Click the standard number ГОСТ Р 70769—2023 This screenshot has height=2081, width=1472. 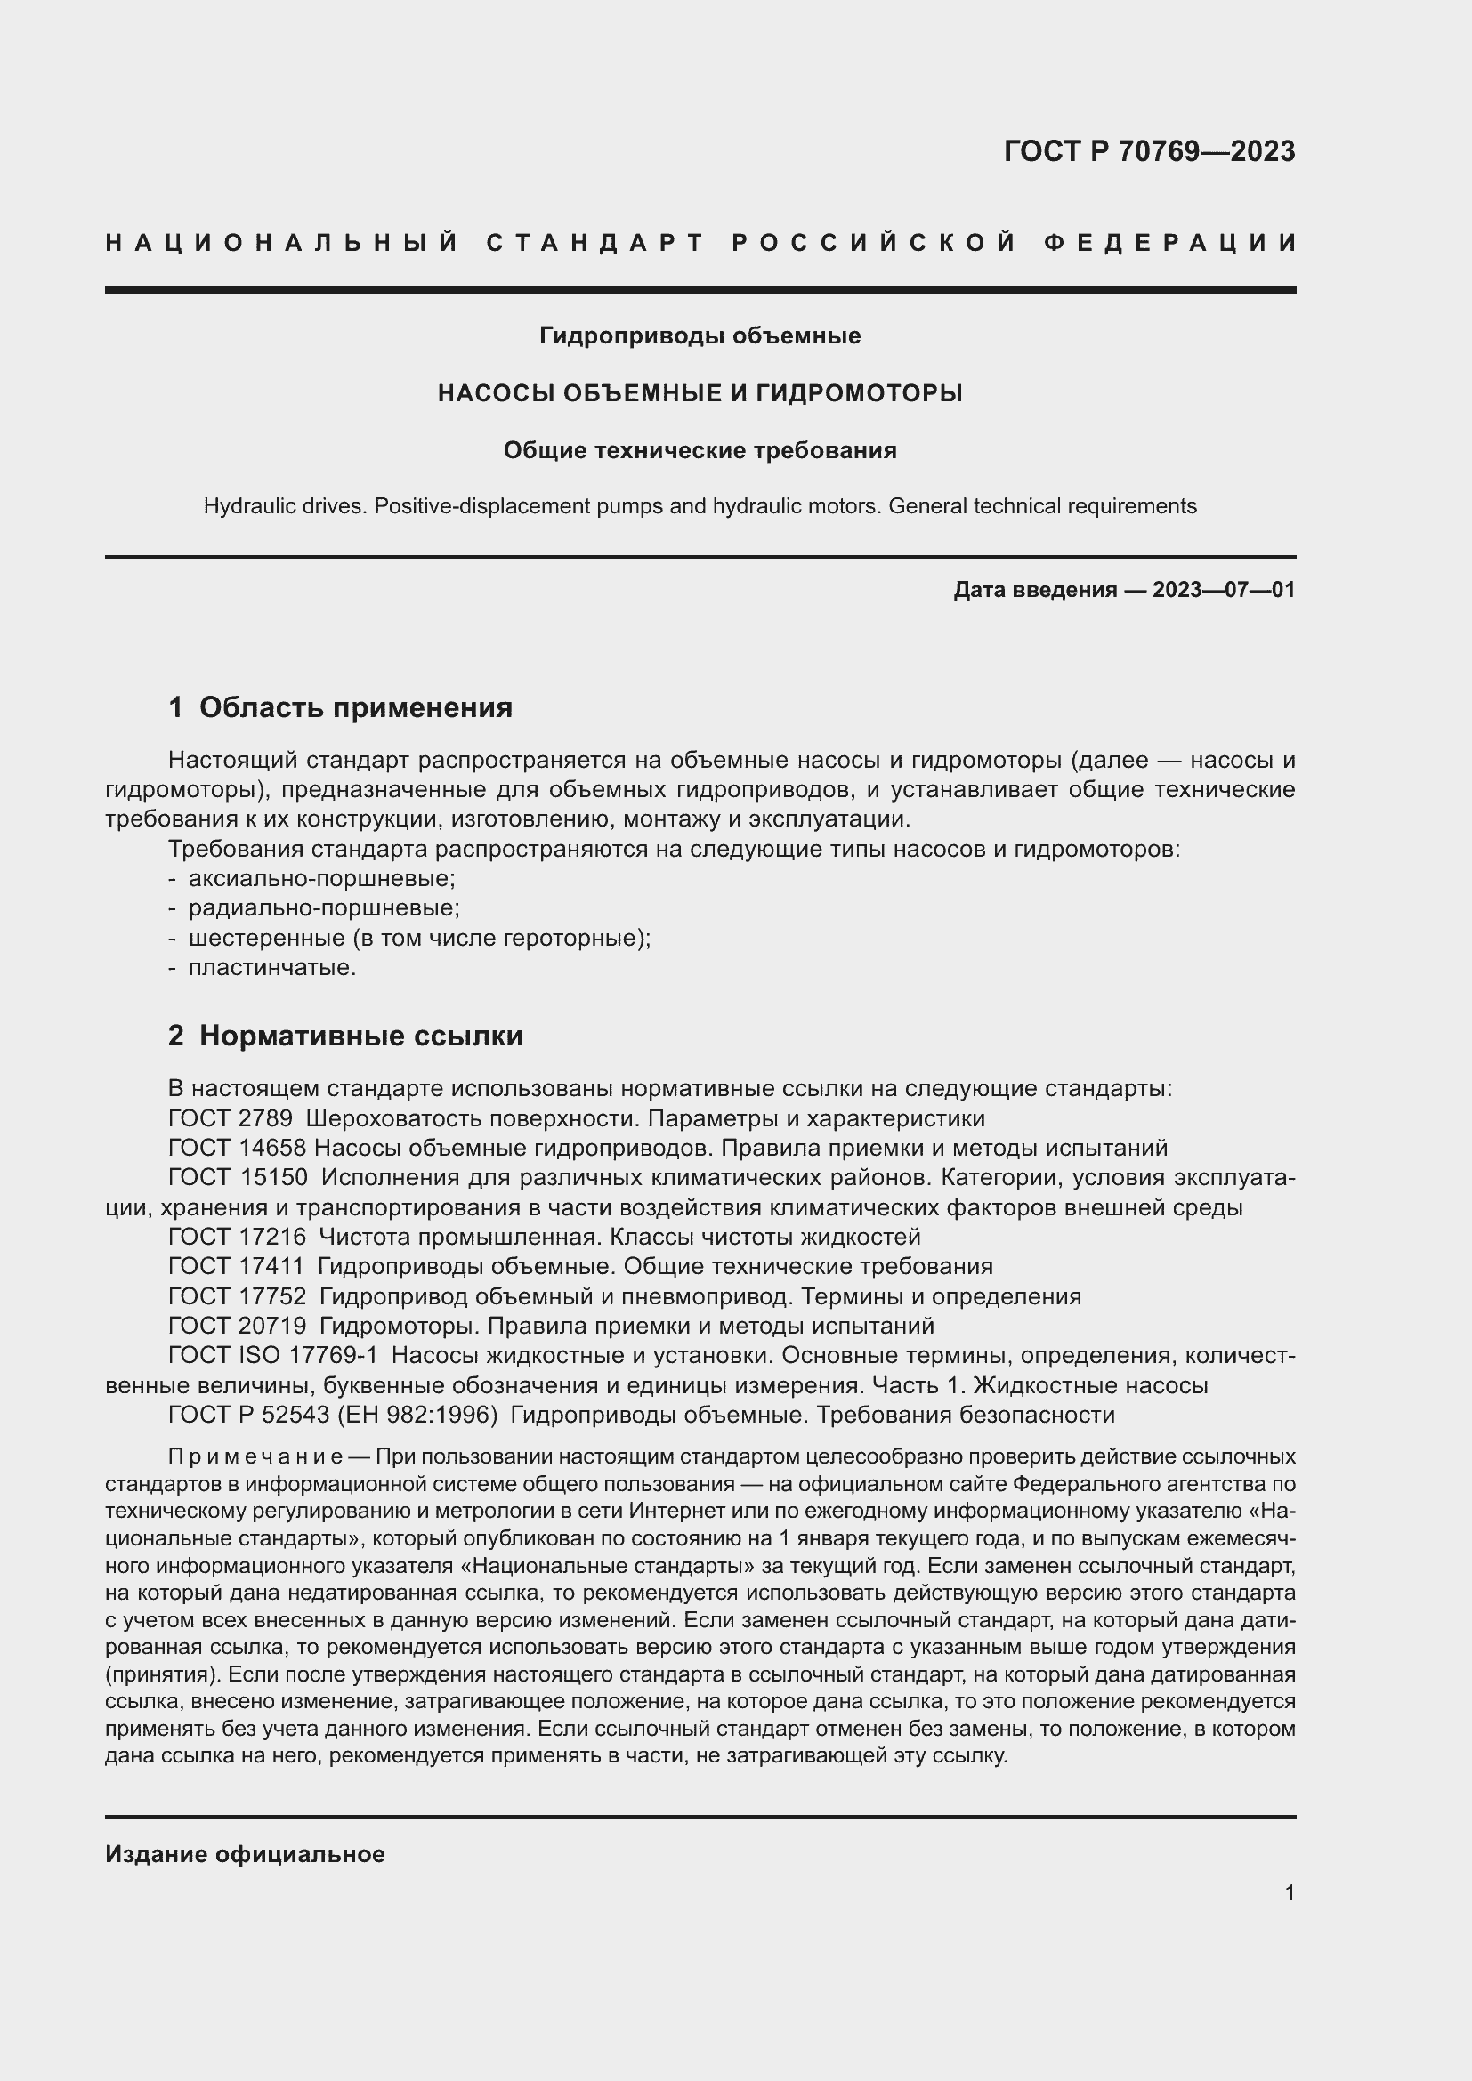coord(1149,151)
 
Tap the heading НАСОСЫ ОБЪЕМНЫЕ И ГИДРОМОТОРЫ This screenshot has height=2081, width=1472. coord(700,393)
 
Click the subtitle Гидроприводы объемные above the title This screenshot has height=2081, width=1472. coord(700,336)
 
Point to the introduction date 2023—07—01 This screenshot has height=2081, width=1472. coord(1224,590)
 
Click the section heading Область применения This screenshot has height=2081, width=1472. coord(355,708)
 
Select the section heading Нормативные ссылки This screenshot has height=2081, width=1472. coord(360,1036)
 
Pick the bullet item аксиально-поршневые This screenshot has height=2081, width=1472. coord(322,878)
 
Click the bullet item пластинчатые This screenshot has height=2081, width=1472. coord(272,968)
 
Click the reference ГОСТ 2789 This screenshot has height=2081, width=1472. coord(231,1118)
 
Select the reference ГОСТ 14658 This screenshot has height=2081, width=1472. coord(237,1149)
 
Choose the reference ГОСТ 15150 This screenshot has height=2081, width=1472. coord(238,1178)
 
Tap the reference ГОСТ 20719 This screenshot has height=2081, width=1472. coord(238,1326)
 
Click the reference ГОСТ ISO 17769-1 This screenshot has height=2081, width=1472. coord(273,1356)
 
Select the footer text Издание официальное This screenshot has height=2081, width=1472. coord(245,1854)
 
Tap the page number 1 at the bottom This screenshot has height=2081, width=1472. coord(1290,1893)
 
